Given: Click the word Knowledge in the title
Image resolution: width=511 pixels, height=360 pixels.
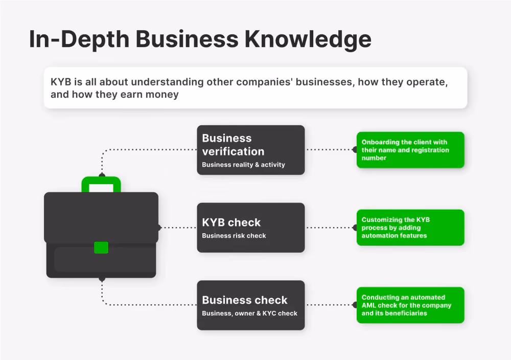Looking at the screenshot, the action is (308, 40).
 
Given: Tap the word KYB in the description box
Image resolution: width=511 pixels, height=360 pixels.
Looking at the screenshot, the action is (61, 81).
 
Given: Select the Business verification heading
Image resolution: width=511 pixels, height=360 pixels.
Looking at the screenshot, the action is (234, 144).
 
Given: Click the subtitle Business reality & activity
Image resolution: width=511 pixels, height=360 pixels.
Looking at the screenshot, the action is (243, 165).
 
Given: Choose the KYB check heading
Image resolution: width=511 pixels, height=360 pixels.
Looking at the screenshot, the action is (231, 222).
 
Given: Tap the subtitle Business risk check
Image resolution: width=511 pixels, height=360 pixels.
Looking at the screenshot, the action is (234, 236).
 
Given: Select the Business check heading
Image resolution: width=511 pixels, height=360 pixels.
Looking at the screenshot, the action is (245, 300).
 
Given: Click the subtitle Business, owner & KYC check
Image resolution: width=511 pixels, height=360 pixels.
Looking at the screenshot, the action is (250, 313).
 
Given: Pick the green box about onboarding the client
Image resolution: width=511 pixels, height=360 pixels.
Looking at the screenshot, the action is (410, 150).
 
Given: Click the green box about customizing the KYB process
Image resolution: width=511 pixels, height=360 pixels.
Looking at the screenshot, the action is (410, 228).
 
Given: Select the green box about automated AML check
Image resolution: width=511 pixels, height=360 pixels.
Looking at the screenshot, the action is (410, 305).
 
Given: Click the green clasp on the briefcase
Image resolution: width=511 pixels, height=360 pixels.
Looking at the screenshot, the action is (101, 247).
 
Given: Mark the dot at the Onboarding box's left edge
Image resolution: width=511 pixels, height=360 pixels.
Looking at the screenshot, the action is (355, 150).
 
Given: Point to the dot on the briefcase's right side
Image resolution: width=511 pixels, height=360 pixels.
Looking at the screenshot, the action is (159, 227).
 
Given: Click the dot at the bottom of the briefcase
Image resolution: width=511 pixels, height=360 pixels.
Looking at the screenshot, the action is (102, 279).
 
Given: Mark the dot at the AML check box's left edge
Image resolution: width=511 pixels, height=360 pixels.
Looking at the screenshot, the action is (355, 305).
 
